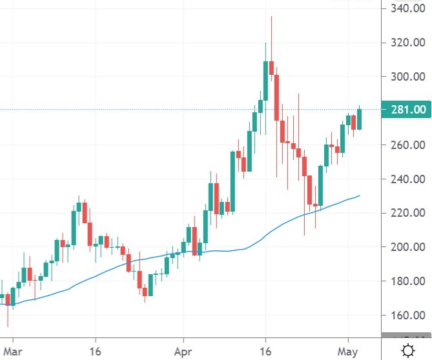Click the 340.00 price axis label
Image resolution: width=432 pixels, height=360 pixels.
pyautogui.click(x=405, y=9)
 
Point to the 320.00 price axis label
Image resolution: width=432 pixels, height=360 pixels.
pyautogui.click(x=405, y=43)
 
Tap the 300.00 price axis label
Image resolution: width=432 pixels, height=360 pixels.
pyautogui.click(x=405, y=77)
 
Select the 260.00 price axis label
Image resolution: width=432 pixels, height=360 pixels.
pyautogui.click(x=405, y=145)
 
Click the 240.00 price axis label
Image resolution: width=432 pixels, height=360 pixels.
pyautogui.click(x=405, y=179)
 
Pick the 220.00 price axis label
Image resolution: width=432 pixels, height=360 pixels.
pyautogui.click(x=405, y=213)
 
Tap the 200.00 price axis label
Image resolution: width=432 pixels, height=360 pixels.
pyautogui.click(x=405, y=247)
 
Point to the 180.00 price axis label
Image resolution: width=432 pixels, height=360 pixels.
pyautogui.click(x=405, y=281)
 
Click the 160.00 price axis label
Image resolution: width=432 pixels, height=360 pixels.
pyautogui.click(x=405, y=315)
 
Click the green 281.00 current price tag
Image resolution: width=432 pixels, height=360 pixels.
pyautogui.click(x=405, y=110)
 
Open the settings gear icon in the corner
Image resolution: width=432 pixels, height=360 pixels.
pyautogui.click(x=408, y=350)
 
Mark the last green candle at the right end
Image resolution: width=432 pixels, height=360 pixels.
pyautogui.click(x=360, y=119)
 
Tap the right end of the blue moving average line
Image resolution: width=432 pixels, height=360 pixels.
pyautogui.click(x=358, y=195)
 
